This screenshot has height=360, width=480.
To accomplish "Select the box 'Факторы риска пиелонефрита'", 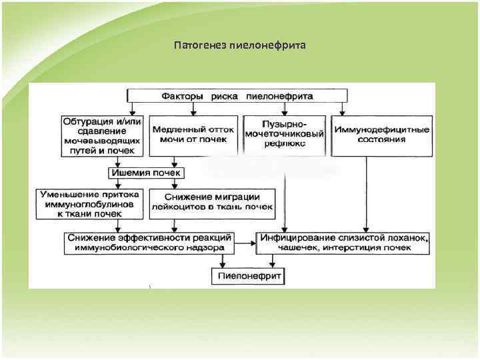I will [237, 96].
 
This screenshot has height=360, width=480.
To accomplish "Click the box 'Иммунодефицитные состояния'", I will [382, 134].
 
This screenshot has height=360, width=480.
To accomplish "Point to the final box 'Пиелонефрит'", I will [248, 274].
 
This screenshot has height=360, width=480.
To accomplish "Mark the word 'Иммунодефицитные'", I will [382, 129].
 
